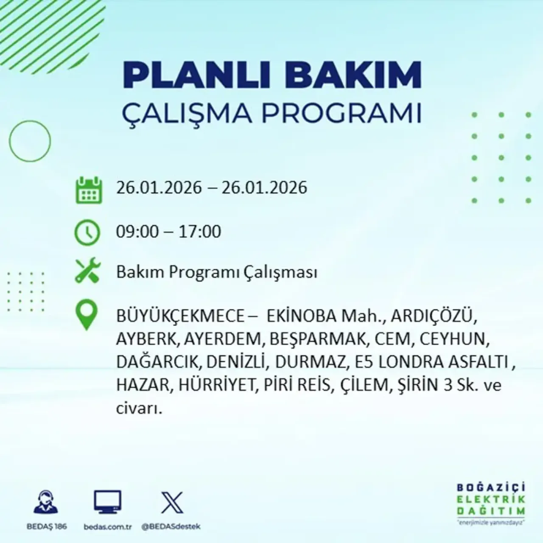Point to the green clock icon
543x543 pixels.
87,233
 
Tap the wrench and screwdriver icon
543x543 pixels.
87,271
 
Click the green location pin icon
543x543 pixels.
86,315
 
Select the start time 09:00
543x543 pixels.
137,232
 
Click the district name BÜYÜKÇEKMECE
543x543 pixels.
180,316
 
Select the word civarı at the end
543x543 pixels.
139,409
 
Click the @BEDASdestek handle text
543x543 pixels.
171,526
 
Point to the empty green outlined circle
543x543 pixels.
30,141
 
